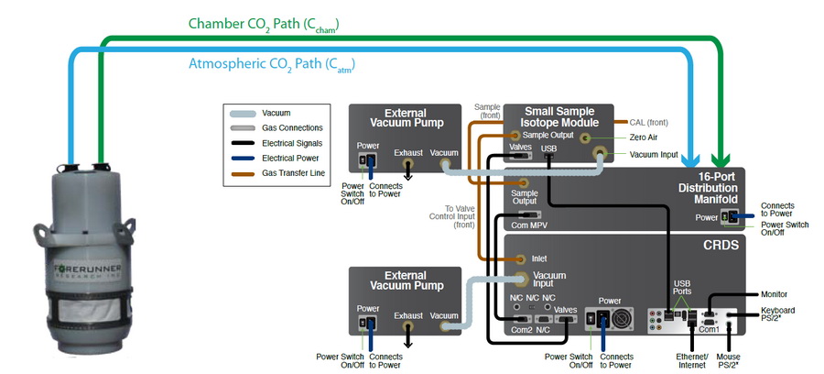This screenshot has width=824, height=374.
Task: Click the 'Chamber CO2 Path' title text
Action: pos(270,23)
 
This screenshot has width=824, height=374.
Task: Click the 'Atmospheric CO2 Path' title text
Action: pos(271,65)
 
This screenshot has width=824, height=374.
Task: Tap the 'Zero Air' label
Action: pos(644,137)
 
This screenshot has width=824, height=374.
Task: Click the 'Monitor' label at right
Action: pos(775,294)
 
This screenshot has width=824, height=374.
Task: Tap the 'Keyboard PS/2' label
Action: pos(777,315)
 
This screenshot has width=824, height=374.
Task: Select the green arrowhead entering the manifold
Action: pos(724,155)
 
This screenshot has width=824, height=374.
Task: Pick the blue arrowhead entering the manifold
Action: pos(692,155)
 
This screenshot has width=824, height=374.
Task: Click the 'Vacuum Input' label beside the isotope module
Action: pos(654,155)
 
